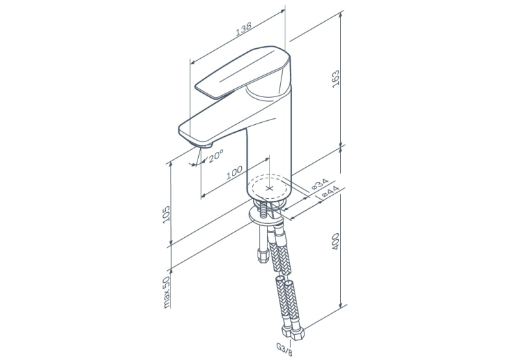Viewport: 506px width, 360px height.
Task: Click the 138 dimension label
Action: point(244,28)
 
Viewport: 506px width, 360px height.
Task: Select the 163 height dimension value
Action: point(336,79)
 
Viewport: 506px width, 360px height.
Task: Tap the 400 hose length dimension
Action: point(336,241)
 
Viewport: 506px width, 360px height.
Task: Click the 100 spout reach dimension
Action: point(235,172)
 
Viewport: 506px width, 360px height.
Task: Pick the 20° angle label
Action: point(215,156)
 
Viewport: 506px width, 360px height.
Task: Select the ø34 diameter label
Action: point(320,184)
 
